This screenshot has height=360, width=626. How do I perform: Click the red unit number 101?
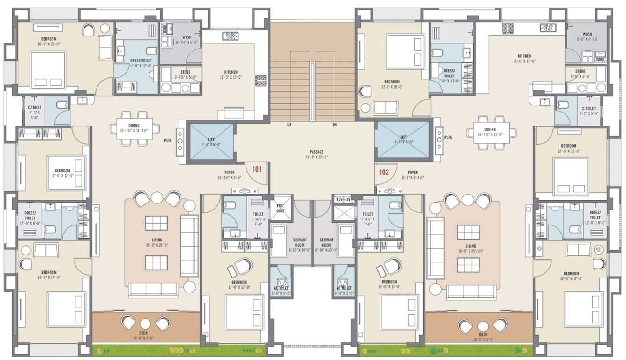(257, 169)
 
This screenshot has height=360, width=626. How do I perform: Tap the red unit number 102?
(384, 172)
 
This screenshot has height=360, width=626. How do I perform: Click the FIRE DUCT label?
(281, 208)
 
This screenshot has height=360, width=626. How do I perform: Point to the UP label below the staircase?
(290, 125)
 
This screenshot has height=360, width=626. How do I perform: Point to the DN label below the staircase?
(335, 125)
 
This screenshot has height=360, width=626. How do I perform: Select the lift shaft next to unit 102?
(402, 140)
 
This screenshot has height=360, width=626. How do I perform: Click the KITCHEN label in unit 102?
(524, 56)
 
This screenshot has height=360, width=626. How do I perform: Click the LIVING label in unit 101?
(156, 240)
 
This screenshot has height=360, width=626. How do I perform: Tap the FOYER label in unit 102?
(412, 172)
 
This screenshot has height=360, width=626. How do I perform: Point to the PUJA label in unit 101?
(168, 140)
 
